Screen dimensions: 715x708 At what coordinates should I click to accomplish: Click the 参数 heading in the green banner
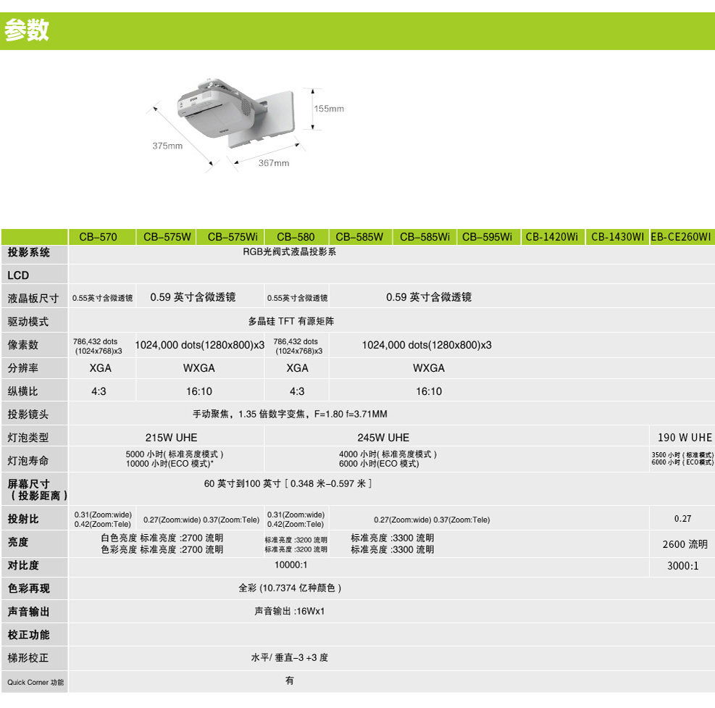(x=27, y=30)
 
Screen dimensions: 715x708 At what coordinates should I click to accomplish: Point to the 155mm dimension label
(x=329, y=109)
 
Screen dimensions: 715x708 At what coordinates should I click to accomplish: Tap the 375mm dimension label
(x=167, y=146)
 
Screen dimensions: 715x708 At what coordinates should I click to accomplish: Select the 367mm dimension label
(x=274, y=163)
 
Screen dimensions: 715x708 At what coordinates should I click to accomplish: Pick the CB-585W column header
(x=359, y=237)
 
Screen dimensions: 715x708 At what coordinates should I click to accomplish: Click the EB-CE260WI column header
(x=681, y=237)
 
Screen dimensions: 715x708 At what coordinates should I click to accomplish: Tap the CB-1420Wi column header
(x=552, y=237)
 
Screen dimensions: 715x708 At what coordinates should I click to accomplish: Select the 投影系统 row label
(x=29, y=253)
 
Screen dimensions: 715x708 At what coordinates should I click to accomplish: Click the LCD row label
(x=18, y=275)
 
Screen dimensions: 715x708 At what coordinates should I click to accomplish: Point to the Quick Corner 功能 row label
(x=35, y=682)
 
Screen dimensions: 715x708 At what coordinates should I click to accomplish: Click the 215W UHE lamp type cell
(x=171, y=438)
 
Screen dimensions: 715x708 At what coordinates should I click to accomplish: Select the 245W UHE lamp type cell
(x=383, y=438)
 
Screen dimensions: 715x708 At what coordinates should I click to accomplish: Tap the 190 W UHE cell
(x=685, y=438)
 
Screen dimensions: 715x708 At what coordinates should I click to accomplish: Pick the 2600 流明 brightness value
(x=685, y=544)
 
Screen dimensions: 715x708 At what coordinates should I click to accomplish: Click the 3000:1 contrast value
(x=682, y=566)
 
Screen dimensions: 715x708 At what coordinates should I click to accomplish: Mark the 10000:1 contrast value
(x=290, y=565)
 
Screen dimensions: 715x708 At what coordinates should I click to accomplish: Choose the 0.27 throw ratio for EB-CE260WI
(x=682, y=519)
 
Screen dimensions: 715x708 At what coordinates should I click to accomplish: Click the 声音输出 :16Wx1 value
(x=289, y=611)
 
